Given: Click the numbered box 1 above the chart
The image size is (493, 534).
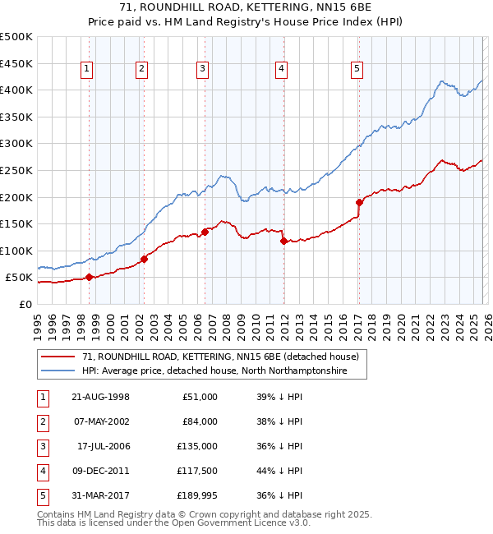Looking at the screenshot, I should pos(88,70).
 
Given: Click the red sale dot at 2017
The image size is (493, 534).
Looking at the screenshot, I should pos(359,202).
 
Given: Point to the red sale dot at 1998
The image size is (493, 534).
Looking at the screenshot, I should pos(89,277).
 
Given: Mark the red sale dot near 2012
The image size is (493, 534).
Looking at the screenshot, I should pos(283,242).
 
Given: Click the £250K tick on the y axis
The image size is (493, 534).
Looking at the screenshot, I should pos(16,170).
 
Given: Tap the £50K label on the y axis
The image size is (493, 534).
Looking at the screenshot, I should pos(19,278).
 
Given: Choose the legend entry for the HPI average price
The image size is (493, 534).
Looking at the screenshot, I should pos(214,371).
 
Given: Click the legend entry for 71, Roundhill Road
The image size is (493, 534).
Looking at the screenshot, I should pos(220,357).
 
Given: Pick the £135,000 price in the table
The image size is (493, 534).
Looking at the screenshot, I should pos(198,446).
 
